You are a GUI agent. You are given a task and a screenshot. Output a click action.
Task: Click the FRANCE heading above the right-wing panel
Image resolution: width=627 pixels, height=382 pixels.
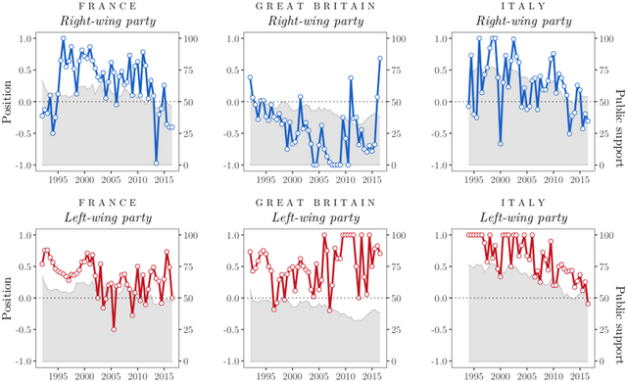107,6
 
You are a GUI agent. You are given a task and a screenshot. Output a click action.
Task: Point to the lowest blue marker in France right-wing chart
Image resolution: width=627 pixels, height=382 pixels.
156,164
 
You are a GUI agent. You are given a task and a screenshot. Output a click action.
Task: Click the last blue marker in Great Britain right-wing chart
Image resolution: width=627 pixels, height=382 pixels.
379,58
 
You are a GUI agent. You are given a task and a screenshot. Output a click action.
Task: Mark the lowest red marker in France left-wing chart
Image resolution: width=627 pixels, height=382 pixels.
115,329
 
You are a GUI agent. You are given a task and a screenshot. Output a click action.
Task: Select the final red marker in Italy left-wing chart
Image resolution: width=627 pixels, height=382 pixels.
588,303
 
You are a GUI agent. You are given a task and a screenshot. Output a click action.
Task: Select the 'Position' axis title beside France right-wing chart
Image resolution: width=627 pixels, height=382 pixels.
7,102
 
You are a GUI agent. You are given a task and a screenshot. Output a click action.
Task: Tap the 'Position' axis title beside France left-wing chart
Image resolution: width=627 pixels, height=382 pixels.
7,298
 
